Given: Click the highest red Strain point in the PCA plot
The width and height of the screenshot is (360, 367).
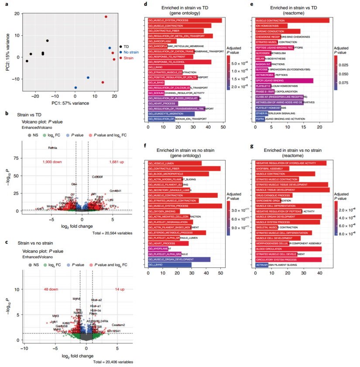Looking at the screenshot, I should pos(106,17).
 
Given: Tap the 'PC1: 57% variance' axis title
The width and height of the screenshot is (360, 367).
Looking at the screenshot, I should pos(70,103).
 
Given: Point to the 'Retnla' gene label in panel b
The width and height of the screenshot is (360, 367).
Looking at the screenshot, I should pos(53,148).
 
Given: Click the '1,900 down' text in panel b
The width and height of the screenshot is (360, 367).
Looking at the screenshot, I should pos(52,162).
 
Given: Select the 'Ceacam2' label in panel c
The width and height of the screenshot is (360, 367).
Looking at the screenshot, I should pos(118,325).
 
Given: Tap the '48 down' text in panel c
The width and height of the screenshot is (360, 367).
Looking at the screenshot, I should pos(51,289).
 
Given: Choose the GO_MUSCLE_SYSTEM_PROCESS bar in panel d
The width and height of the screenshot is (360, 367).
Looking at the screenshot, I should pos(185,20).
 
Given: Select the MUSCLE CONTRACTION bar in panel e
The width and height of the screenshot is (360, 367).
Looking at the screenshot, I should pos(292,21).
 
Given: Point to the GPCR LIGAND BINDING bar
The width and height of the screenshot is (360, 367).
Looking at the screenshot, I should pos(284,80).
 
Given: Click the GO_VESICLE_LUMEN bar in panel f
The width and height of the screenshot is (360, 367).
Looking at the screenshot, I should pos(175,163).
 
